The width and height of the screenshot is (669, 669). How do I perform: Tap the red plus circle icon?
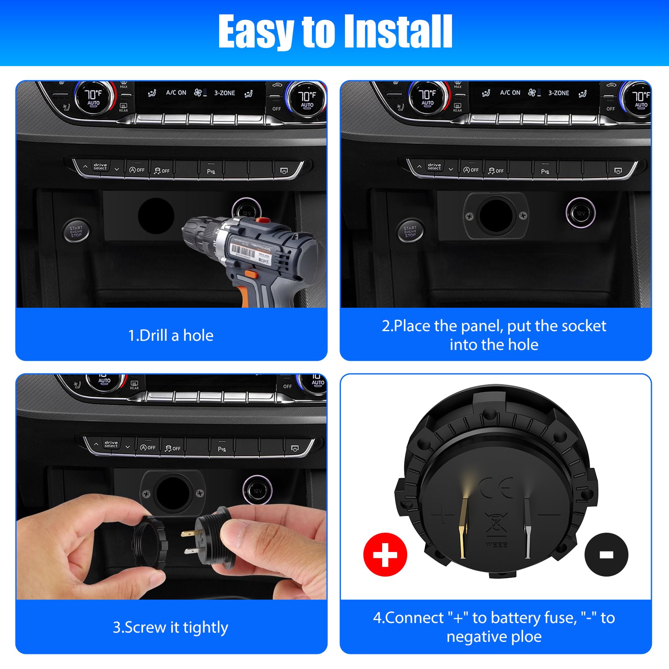tap(385, 555)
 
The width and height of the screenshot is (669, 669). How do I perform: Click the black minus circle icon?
tap(606, 555)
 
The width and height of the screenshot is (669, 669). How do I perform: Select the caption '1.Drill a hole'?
tap(171, 335)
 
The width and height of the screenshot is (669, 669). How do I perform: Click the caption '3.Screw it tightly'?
tap(171, 627)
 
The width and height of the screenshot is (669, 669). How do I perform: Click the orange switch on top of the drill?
tap(263, 220)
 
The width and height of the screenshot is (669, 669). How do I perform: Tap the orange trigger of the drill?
tap(251, 275)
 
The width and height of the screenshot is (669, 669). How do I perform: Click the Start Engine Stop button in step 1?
tap(76, 232)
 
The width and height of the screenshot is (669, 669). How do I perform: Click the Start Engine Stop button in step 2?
tap(410, 232)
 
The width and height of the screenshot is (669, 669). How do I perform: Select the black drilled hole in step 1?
tap(156, 216)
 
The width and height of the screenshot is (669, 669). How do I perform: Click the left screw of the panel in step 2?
tap(470, 216)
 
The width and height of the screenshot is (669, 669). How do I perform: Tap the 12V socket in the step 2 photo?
tap(580, 213)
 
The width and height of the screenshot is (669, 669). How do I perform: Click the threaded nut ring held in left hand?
tap(151, 541)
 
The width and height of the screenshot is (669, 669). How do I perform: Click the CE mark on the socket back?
tap(496, 488)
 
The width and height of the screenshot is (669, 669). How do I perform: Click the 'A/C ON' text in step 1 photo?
tap(176, 93)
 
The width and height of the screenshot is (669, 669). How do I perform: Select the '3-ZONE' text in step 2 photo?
tap(559, 93)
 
